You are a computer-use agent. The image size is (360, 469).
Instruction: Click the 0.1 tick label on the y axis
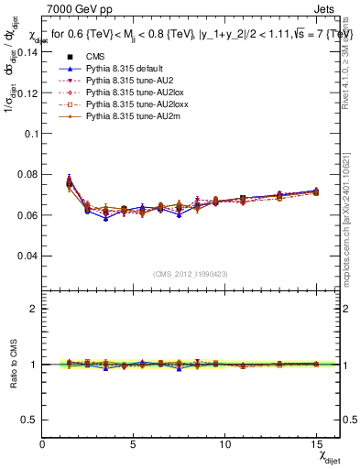tap(31, 134)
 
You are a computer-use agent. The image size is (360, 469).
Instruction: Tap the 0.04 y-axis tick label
tap(28, 256)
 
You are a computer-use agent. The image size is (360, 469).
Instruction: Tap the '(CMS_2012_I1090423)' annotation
tap(191, 274)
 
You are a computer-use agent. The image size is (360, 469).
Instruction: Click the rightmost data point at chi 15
tap(315, 191)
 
